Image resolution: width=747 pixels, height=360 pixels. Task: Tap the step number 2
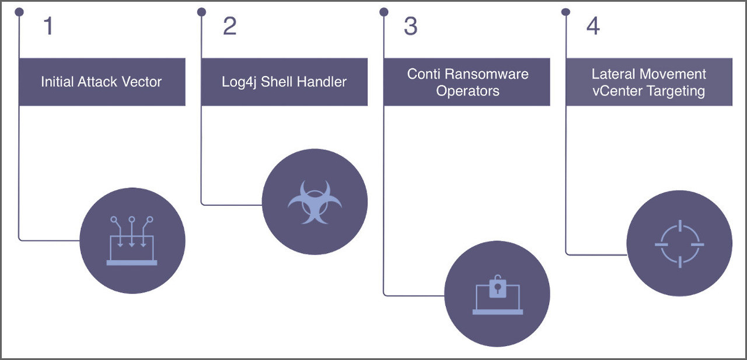tap(230, 26)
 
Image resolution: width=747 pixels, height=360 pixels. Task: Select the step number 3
tap(411, 26)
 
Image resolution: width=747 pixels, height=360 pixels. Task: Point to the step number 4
tap(593, 26)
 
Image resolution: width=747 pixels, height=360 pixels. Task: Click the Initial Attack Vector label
tap(102, 82)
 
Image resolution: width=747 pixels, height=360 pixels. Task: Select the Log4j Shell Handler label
tap(284, 82)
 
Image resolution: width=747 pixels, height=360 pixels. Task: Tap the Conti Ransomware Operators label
tap(467, 82)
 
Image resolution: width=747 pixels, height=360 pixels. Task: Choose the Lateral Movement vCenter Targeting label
tap(648, 82)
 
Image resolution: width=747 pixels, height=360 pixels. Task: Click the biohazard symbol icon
tap(315, 202)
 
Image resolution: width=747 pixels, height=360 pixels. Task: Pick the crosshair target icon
tap(679, 243)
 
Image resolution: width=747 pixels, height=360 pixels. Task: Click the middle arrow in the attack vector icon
tap(132, 233)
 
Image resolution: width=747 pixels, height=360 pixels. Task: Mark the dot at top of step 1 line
tap(20, 12)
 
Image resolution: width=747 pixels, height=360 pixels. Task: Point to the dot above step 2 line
tap(202, 12)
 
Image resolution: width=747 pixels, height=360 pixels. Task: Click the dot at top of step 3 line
tap(384, 12)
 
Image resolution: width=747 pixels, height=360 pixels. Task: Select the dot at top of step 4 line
tap(566, 12)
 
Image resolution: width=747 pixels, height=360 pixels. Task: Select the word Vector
tap(144, 82)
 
